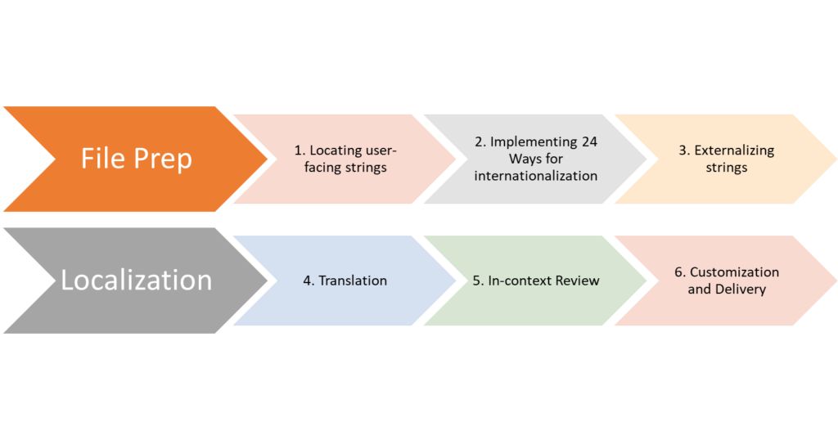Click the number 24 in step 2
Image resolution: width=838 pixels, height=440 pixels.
589,142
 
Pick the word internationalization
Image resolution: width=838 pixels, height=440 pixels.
536,175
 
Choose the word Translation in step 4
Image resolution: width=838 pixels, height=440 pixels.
353,281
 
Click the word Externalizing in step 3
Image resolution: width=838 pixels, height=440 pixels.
734,150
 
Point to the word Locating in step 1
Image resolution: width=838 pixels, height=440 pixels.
335,150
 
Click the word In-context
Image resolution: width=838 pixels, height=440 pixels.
517,281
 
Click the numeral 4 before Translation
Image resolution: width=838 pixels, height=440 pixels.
307,281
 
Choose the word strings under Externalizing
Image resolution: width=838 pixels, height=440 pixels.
726,167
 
